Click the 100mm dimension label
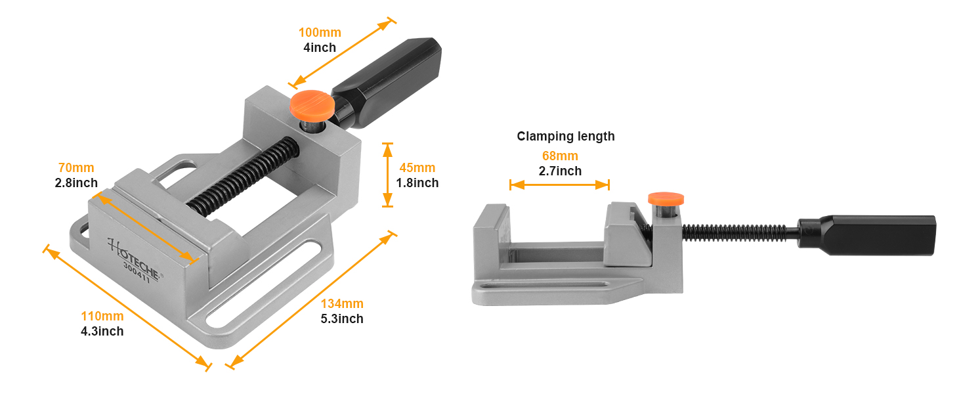click(320, 33)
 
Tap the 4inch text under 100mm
click(320, 48)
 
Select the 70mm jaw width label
click(76, 168)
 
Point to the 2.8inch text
click(76, 183)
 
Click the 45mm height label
click(417, 168)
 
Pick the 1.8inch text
click(417, 183)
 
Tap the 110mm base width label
click(102, 317)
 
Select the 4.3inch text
click(102, 332)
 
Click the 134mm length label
click(342, 304)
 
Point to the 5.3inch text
click(342, 319)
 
